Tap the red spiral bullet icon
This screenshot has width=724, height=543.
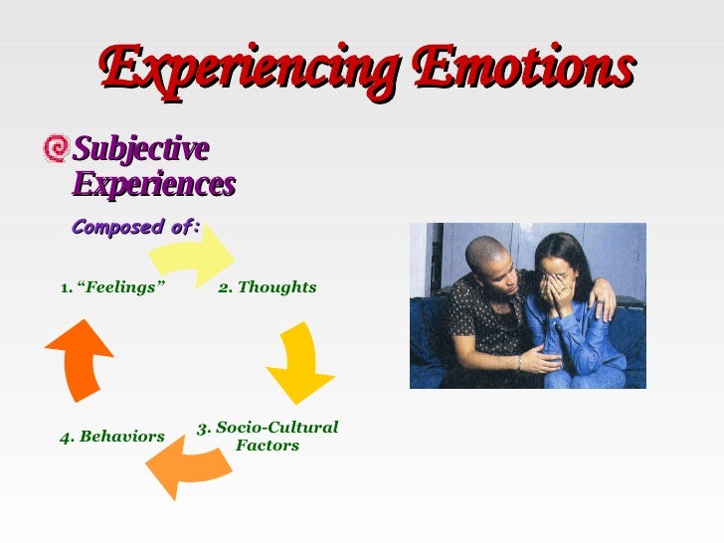pos(57,149)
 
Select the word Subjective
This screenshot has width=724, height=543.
pos(141,149)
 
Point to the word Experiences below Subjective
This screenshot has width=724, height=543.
pos(154,184)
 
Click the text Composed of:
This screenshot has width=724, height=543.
pos(136,227)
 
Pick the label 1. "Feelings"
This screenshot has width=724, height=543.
pos(111,287)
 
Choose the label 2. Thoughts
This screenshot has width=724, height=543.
pos(267,287)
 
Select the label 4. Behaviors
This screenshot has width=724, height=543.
pos(111,437)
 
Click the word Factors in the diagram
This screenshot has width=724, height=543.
pos(268,446)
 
